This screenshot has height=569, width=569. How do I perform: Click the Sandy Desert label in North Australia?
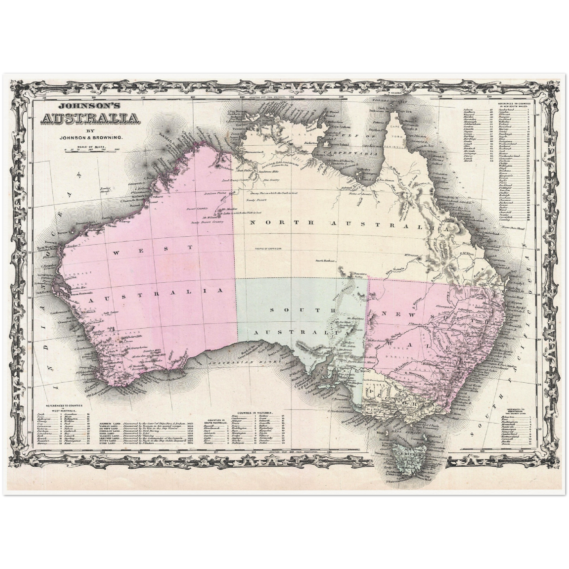point(254,200)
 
